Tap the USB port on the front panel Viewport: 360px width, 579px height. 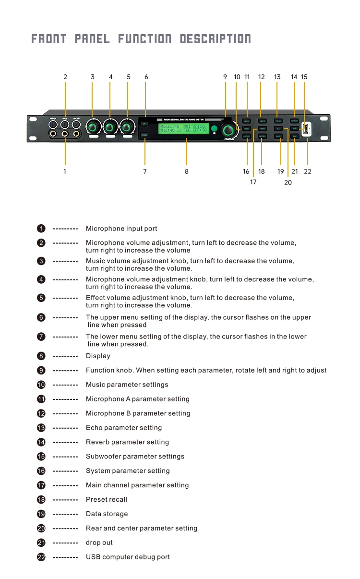[304, 128]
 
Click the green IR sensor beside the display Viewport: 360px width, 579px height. [214, 129]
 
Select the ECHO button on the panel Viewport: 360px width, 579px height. [278, 121]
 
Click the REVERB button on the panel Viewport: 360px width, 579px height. [294, 121]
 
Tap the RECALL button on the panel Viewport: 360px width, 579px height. [262, 136]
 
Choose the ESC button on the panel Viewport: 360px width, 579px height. [294, 136]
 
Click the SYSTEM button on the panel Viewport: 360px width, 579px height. [246, 136]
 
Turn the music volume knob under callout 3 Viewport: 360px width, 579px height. [93, 128]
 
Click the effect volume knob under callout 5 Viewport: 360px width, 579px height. [127, 128]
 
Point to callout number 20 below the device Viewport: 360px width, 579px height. [288, 182]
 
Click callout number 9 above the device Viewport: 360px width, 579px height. [225, 77]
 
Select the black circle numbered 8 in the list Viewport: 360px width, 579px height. [41, 356]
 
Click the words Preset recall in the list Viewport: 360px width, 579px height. [107, 499]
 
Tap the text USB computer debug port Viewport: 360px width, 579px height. [128, 557]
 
